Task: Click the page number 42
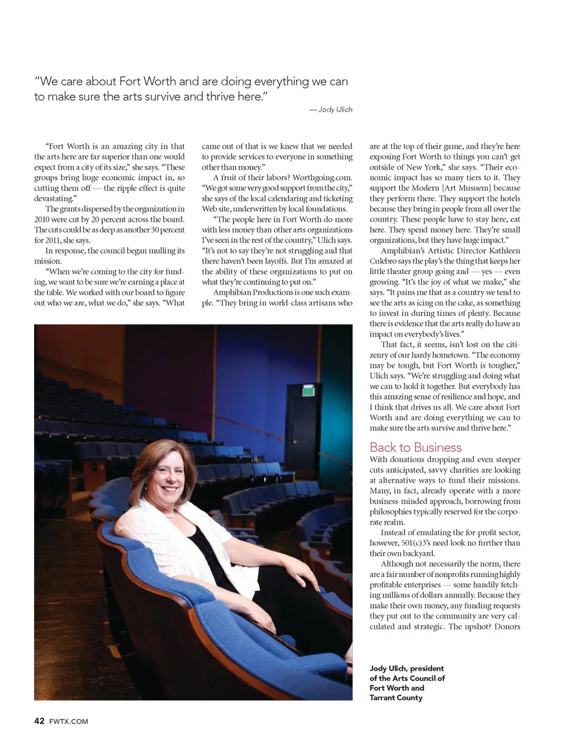tap(39, 721)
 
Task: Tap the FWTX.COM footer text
tap(69, 721)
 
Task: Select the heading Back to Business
tap(415, 447)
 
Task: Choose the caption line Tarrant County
tap(396, 698)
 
